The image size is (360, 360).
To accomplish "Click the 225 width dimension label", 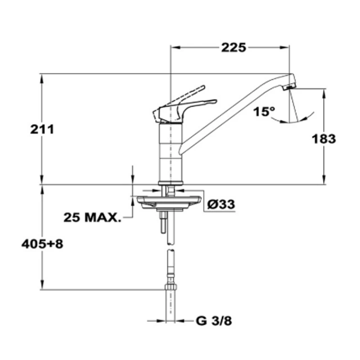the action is [x=234, y=48].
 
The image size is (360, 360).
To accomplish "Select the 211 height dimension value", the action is [x=42, y=129].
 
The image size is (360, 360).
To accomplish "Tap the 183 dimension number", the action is [x=324, y=139].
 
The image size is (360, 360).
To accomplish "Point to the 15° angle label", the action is [x=264, y=112].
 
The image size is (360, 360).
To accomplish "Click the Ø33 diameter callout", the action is [x=221, y=204].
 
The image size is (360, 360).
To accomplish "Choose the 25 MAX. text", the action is [x=92, y=217].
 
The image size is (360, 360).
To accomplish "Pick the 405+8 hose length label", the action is [x=42, y=244].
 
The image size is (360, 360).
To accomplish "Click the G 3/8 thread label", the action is [x=214, y=321].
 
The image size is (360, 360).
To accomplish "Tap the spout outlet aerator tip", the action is [x=289, y=87].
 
